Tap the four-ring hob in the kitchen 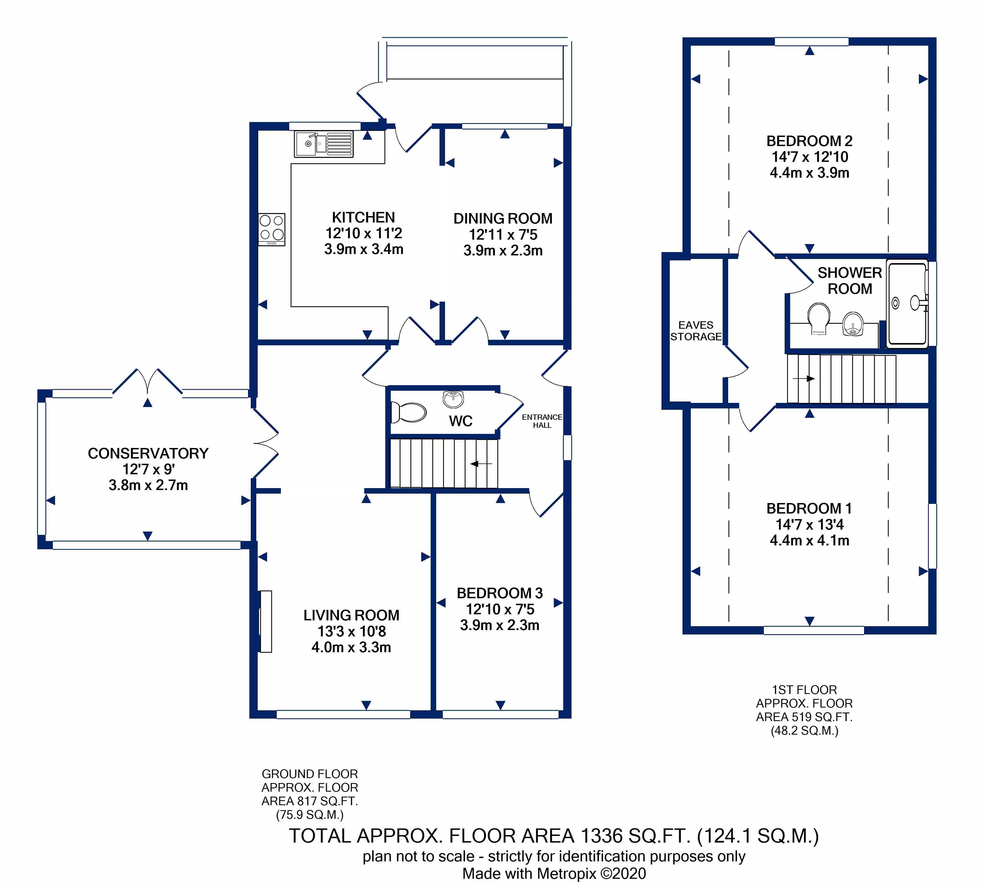pos(272,229)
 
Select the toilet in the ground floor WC pos(408,412)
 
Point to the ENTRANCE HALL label pos(542,421)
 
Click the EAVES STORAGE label pos(696,331)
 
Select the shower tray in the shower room pos(907,304)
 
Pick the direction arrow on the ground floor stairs pos(481,464)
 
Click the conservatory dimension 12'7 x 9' pos(149,469)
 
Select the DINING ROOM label pos(503,219)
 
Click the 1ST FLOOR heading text pos(804,690)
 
